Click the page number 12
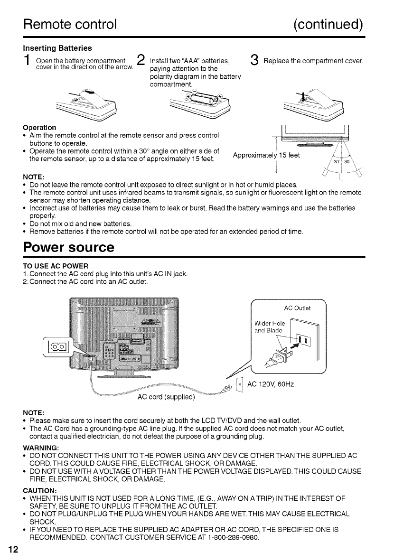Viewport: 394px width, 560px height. (x=13, y=550)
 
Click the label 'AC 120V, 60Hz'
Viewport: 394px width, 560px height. (x=271, y=384)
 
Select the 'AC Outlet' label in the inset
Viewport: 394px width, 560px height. (x=297, y=309)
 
